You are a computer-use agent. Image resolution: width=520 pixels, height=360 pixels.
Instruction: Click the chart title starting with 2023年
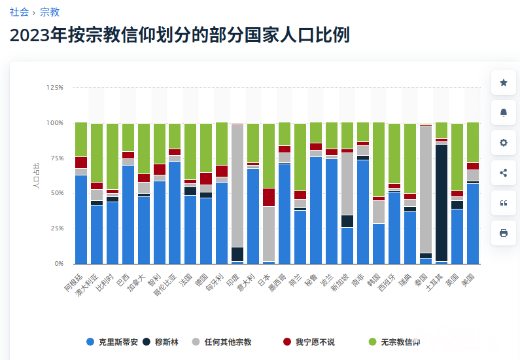(179, 35)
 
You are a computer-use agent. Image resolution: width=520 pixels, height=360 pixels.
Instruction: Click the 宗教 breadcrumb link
(49, 12)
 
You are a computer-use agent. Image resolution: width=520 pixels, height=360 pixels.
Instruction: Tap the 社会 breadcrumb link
(19, 12)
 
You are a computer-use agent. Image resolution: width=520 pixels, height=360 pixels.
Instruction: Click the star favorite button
(504, 82)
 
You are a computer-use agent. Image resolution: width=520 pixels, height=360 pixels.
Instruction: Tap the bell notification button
(504, 113)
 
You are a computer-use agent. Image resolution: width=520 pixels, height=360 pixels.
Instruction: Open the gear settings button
(504, 143)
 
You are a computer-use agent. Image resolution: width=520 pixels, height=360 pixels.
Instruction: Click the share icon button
(504, 173)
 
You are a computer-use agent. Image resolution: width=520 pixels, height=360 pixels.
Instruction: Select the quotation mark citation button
(504, 203)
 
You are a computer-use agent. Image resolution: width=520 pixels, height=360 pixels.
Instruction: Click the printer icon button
(504, 233)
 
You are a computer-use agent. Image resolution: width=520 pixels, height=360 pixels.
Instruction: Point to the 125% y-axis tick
(55, 88)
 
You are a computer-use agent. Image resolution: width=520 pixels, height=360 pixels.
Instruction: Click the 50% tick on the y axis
(57, 193)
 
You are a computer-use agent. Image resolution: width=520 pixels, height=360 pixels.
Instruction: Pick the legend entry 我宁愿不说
(308, 342)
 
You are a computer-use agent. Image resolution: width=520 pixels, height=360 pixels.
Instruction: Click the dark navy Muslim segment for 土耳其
(442, 203)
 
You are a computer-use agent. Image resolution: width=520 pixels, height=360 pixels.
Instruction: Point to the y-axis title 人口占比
(36, 176)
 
